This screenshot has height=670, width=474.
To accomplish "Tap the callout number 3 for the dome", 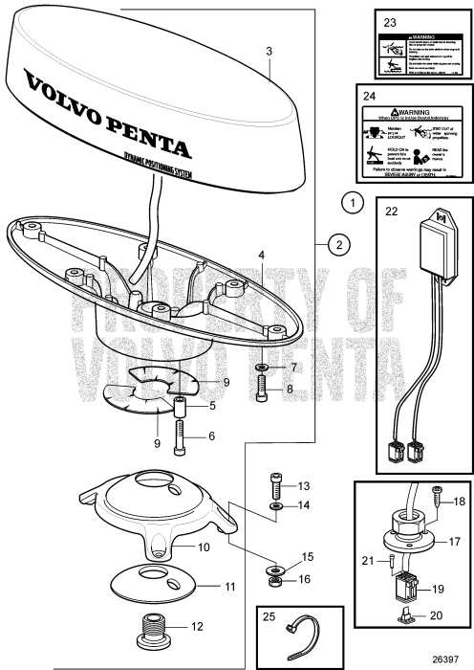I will [x=269, y=50].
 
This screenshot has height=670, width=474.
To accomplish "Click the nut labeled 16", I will [x=275, y=580].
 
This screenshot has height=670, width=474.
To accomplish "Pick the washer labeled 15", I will [x=275, y=564].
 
